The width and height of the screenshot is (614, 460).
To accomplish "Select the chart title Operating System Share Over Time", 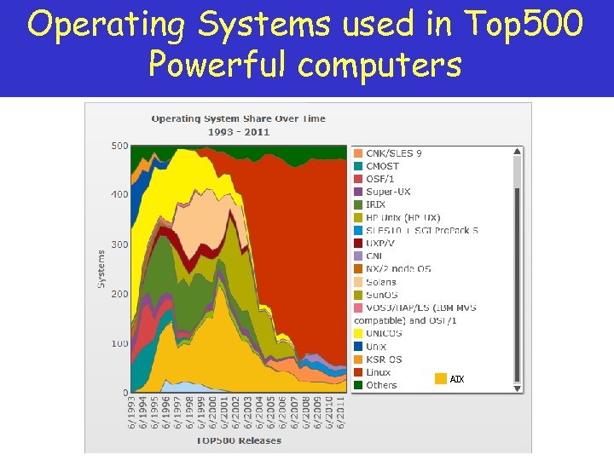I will coord(238,118).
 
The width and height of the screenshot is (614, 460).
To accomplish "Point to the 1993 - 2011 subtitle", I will coord(238,132).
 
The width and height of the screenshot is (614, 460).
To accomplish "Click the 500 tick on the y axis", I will coord(119,146).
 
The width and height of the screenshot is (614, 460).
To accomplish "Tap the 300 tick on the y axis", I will coord(119,244).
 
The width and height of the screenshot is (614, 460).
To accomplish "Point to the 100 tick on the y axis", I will coord(119,343).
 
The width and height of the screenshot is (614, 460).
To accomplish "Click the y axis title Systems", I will coord(101,268).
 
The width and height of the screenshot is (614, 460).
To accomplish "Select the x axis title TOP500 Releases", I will coord(238,440).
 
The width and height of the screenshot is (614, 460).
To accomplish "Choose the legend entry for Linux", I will coord(378,372).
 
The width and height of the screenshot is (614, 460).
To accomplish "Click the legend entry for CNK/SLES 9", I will coord(393,153).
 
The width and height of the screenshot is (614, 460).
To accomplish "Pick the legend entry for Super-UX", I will coord(385,192).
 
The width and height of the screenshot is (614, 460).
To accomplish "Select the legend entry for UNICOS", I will coord(383,333).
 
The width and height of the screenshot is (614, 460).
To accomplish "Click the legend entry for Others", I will coord(381,385).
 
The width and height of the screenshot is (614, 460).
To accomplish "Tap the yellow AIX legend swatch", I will coord(441,379).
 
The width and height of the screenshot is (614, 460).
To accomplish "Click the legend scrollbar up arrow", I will coord(516,152).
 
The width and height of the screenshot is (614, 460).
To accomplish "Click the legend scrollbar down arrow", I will coord(516,388).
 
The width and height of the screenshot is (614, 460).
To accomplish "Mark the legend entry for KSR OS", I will coord(383,359).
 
